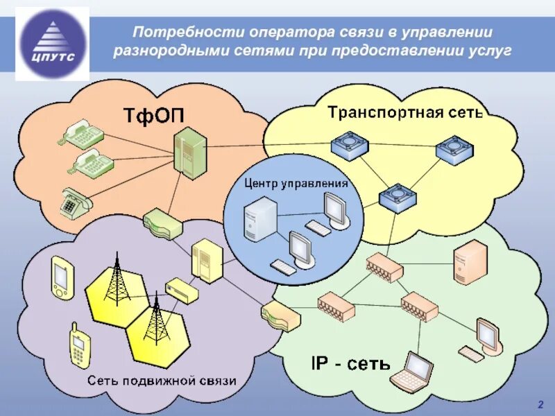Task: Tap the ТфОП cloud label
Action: (x=154, y=114)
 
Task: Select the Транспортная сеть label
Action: (x=404, y=112)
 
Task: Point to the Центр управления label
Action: (x=296, y=184)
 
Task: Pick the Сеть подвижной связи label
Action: (x=162, y=380)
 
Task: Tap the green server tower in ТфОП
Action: (x=189, y=153)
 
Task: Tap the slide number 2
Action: (x=540, y=404)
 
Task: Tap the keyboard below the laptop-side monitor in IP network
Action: (x=473, y=356)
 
